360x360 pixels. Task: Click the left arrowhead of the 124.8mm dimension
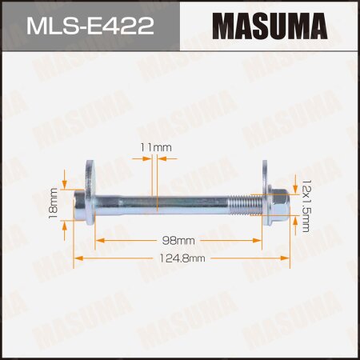78,258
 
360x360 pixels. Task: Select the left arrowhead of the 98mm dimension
98,240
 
